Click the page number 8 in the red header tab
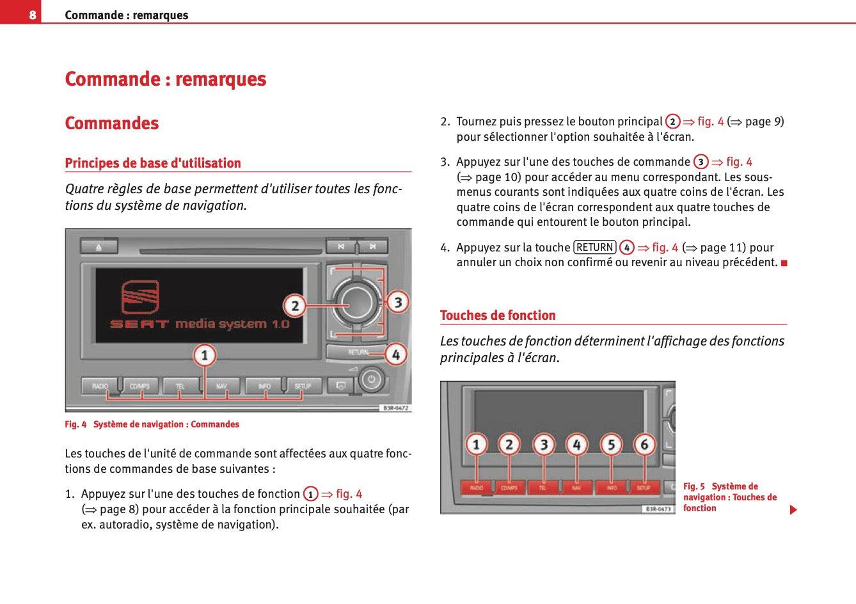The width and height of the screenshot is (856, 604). pyautogui.click(x=32, y=15)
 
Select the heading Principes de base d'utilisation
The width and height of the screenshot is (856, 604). pyautogui.click(x=153, y=163)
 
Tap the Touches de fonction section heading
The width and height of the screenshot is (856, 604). pyautogui.click(x=498, y=315)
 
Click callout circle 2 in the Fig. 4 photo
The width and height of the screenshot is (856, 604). pyautogui.click(x=294, y=306)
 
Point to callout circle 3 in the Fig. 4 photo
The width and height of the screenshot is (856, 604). pyautogui.click(x=398, y=302)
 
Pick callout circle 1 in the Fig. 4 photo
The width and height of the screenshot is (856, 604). pyautogui.click(x=205, y=355)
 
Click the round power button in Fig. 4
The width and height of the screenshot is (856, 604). pyautogui.click(x=371, y=380)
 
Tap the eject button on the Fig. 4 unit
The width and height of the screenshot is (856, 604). pyautogui.click(x=99, y=246)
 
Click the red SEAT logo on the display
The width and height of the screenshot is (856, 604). pyautogui.click(x=140, y=297)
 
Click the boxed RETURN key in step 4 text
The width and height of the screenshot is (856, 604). pyautogui.click(x=595, y=248)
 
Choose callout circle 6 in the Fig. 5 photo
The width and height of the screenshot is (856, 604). pyautogui.click(x=644, y=444)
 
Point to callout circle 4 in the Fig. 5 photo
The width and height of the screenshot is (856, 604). pyautogui.click(x=576, y=444)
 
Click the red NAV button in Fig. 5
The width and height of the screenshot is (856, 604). pyautogui.click(x=576, y=488)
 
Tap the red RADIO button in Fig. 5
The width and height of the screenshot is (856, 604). pyautogui.click(x=477, y=488)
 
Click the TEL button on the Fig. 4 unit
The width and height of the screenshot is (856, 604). pyautogui.click(x=180, y=386)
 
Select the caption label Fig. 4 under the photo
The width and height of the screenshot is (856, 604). pyautogui.click(x=75, y=424)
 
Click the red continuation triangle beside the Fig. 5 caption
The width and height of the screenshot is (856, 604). pyautogui.click(x=793, y=510)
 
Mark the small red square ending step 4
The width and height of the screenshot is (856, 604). pyautogui.click(x=784, y=263)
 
